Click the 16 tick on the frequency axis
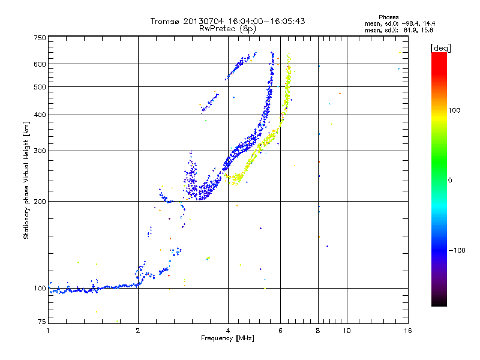pyautogui.click(x=407, y=331)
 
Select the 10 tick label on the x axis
pyautogui.click(x=347, y=331)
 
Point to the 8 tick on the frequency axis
pyautogui.click(x=318, y=331)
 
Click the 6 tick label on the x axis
pyautogui.click(x=280, y=331)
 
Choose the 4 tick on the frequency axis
pyautogui.click(x=228, y=331)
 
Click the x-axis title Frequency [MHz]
pyautogui.click(x=228, y=339)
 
